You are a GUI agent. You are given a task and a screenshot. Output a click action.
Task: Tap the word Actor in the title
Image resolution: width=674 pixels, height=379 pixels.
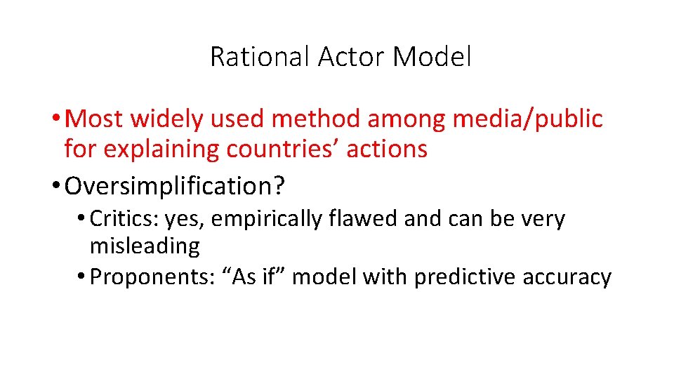pyautogui.click(x=352, y=57)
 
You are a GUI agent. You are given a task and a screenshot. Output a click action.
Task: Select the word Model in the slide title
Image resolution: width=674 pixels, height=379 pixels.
pyautogui.click(x=432, y=57)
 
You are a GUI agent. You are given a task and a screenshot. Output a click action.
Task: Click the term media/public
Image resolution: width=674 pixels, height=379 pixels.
pyautogui.click(x=527, y=119)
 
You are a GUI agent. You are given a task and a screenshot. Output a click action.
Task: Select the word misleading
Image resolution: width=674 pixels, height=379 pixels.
pyautogui.click(x=145, y=246)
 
